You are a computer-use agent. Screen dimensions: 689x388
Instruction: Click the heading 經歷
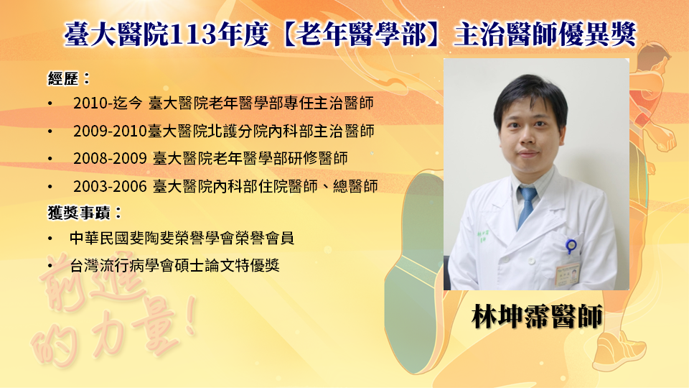tap(63, 79)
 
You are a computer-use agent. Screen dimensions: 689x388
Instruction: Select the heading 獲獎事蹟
tap(79, 213)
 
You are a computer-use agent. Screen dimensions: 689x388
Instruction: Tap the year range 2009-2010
tap(110, 131)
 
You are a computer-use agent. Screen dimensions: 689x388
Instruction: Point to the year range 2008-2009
tap(110, 158)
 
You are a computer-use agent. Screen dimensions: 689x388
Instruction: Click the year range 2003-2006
tap(110, 187)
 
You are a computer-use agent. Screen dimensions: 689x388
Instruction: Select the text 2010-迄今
tap(108, 103)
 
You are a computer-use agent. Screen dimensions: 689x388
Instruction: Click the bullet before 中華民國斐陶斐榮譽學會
tap(50, 239)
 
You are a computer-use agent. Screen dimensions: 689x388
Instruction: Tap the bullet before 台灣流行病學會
tap(50, 266)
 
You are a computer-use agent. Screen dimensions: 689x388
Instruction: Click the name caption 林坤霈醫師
tap(537, 316)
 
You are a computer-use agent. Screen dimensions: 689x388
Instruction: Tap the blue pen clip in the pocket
tap(571, 246)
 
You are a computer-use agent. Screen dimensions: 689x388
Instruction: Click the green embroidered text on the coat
tap(483, 236)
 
